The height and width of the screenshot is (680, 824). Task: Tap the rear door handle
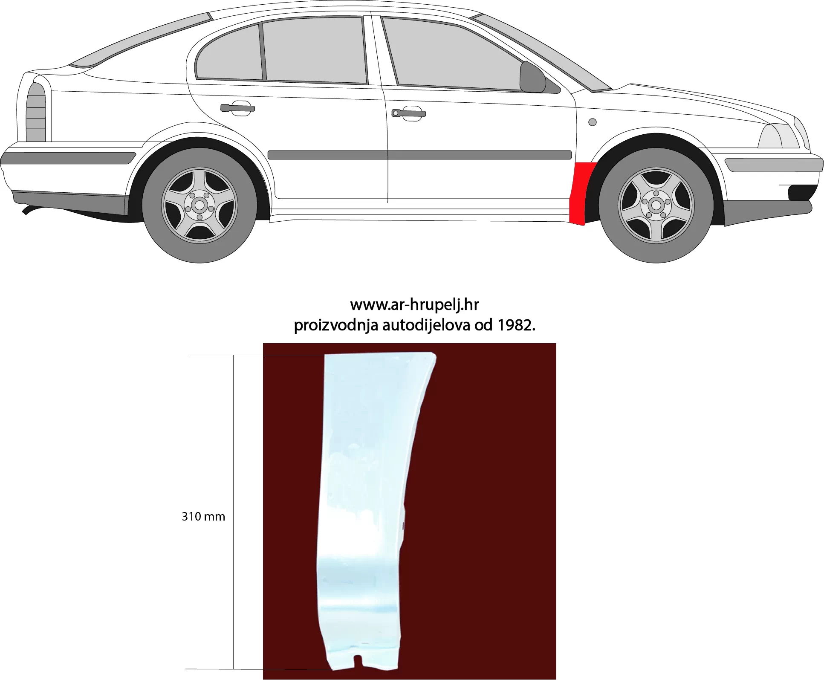[237, 108]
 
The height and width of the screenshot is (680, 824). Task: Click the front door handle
[408, 113]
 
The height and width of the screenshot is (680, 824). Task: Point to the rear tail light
[36, 113]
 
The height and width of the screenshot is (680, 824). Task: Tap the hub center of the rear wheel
[199, 205]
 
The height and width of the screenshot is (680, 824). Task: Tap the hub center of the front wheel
[656, 205]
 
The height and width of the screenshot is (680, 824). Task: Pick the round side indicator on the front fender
[592, 122]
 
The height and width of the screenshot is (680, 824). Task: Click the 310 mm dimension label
[203, 517]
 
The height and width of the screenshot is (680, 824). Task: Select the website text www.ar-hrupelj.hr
[414, 304]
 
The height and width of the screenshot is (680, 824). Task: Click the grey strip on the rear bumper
[68, 158]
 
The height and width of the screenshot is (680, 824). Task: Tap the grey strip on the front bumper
[774, 165]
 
